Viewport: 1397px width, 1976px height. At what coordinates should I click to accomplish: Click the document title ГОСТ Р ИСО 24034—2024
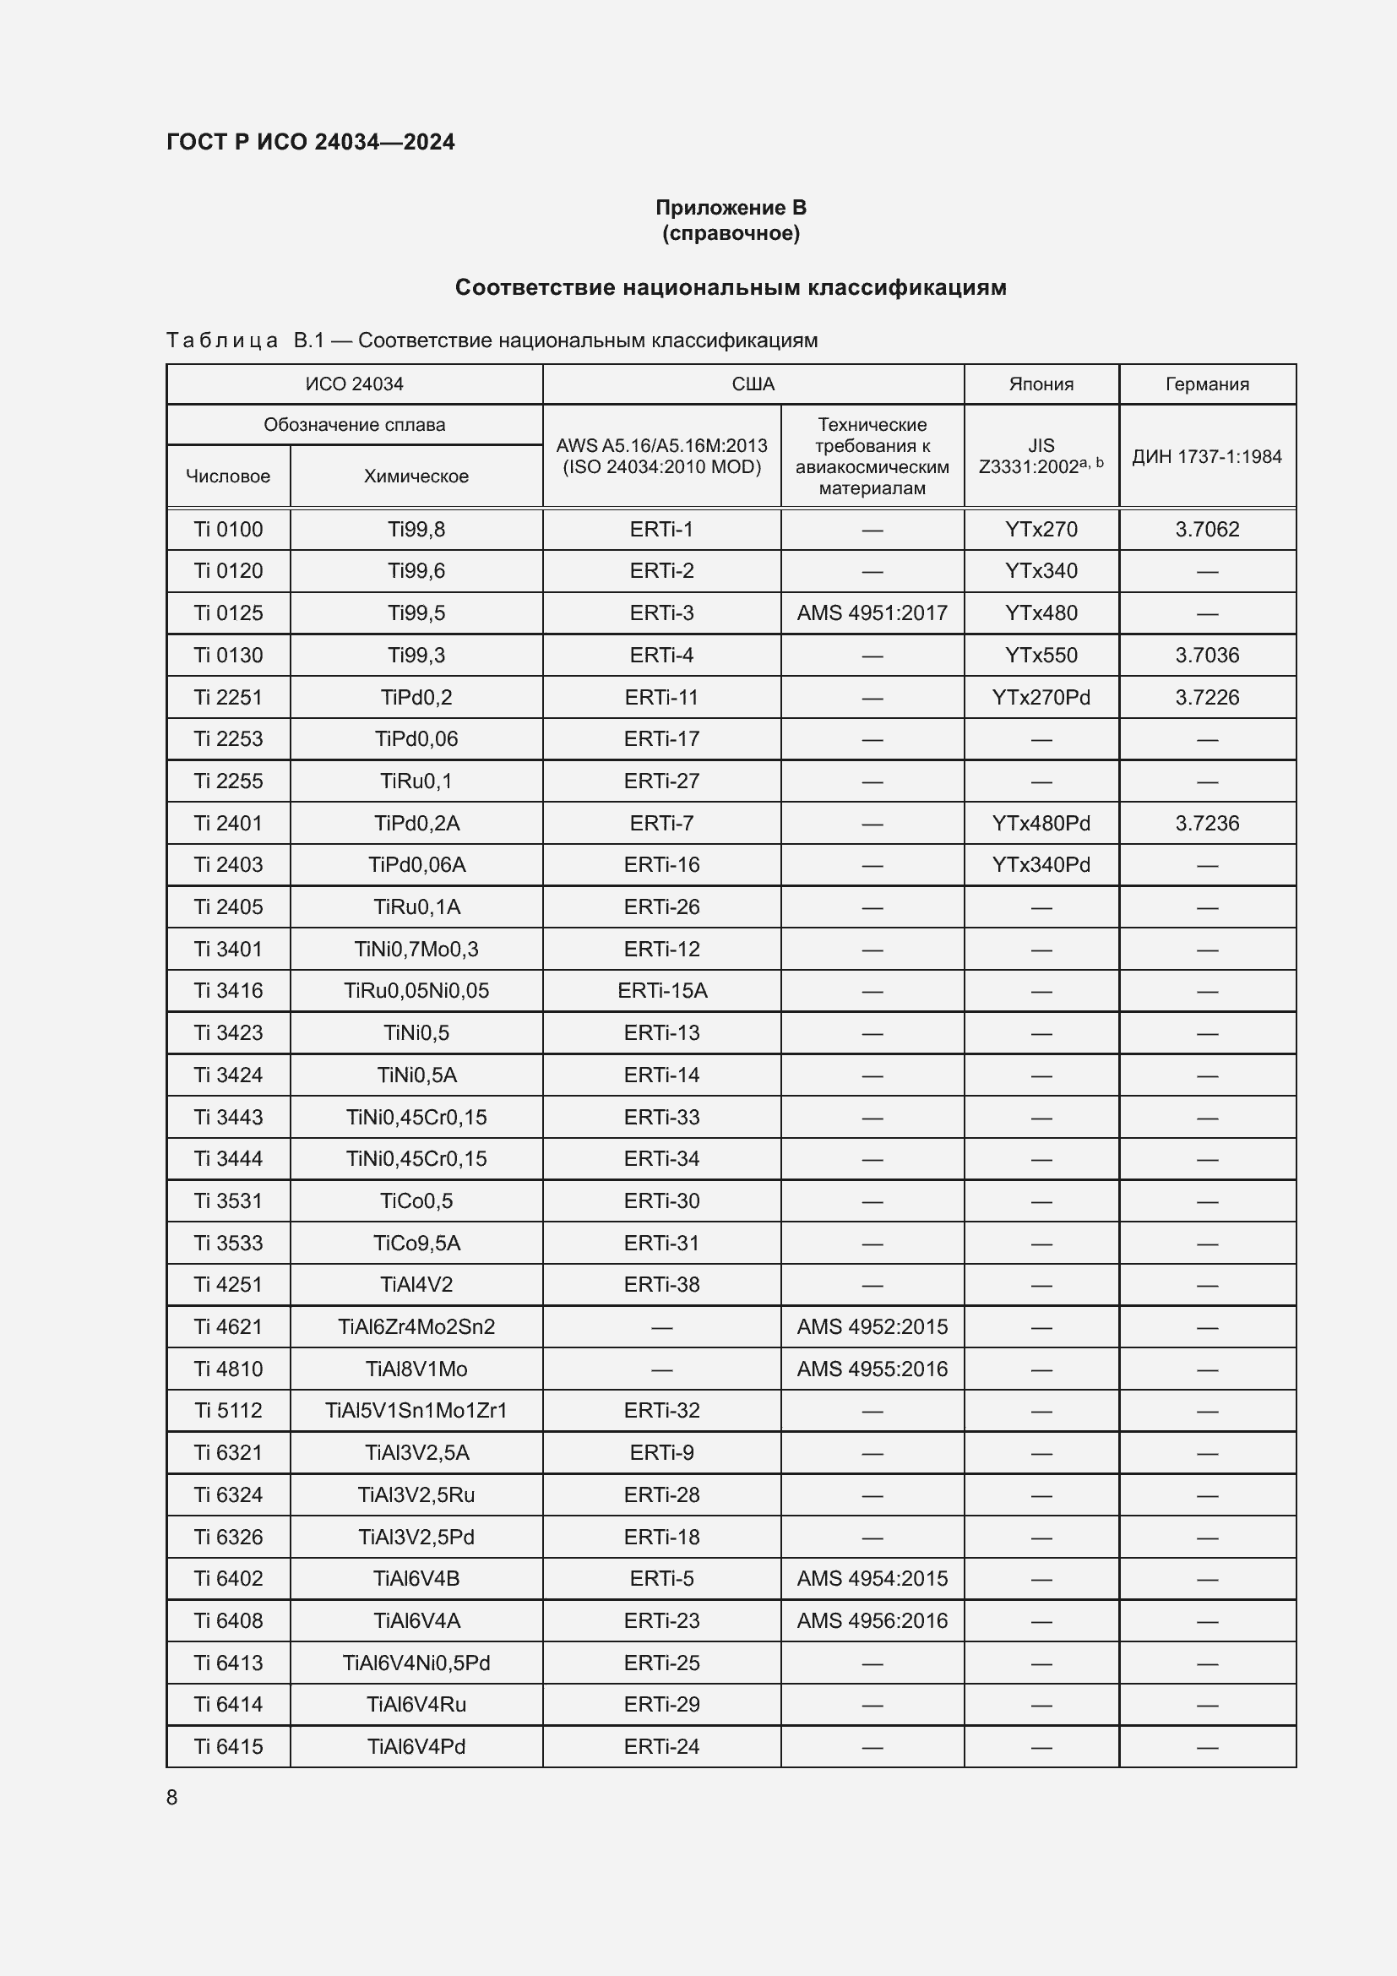point(311,142)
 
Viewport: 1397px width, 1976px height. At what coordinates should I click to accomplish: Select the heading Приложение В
point(731,208)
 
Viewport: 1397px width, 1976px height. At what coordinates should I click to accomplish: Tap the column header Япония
point(1041,384)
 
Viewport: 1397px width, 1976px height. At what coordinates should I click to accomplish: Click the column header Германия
point(1207,384)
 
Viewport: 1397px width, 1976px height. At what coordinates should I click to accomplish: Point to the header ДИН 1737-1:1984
point(1206,456)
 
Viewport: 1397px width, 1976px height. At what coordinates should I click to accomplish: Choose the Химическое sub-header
point(416,476)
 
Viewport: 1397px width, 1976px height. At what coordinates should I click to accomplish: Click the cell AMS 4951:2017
point(872,612)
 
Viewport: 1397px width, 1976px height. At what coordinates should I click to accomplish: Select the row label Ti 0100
point(228,530)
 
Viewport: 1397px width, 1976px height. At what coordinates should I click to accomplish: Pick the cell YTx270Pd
point(1041,697)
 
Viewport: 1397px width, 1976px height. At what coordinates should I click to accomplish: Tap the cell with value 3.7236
point(1207,823)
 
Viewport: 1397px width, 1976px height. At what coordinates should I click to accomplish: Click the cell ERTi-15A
point(661,991)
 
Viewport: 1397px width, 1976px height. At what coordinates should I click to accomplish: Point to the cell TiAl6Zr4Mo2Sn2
point(416,1326)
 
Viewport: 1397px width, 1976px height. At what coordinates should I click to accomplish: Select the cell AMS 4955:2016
point(872,1369)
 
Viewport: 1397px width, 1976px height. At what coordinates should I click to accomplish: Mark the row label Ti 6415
point(228,1746)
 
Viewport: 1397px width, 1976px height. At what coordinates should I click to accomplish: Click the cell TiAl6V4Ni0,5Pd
point(416,1663)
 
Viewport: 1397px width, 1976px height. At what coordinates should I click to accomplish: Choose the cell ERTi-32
point(661,1411)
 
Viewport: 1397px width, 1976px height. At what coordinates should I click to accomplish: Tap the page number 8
point(172,1797)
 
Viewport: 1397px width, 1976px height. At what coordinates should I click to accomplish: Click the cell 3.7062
point(1207,530)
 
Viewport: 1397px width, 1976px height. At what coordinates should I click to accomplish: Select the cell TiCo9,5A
point(416,1243)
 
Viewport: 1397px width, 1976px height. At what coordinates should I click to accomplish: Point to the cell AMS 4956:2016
point(872,1620)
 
